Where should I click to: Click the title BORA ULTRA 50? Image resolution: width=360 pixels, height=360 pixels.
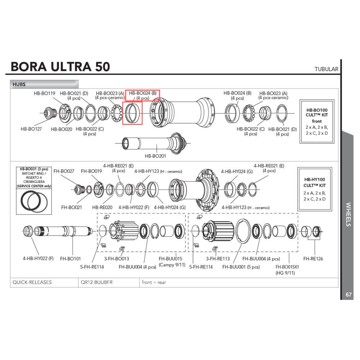coord(60,67)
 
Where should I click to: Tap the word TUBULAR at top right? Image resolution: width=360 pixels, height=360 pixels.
coord(326,69)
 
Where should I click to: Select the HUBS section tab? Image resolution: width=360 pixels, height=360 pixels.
coord(19,84)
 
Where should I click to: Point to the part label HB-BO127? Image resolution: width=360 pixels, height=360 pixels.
coord(31,129)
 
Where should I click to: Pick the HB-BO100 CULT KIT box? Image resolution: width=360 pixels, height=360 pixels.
coord(317,121)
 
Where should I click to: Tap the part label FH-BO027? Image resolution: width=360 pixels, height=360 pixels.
coord(64,171)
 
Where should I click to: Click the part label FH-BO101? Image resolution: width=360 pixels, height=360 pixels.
coord(71,258)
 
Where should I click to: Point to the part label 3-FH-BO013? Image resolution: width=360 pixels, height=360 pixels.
coord(117,258)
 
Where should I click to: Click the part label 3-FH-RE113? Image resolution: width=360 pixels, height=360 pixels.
coord(218,258)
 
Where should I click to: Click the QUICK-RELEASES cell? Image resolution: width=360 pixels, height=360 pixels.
coord(32,282)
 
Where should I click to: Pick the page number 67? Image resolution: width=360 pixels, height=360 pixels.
coord(348,294)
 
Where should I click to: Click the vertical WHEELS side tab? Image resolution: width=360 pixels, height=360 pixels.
coord(348,214)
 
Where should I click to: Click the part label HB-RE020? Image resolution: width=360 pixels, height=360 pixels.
coord(102,207)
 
